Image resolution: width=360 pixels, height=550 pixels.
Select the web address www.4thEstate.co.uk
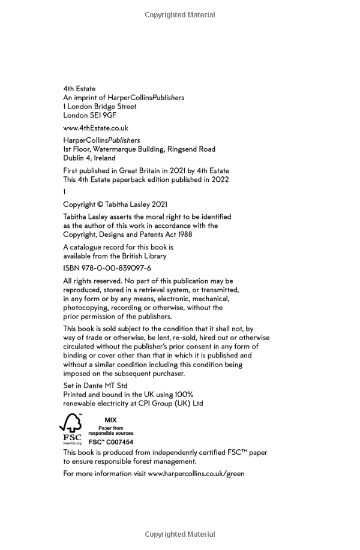(95, 128)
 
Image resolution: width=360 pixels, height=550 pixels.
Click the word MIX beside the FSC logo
(110, 420)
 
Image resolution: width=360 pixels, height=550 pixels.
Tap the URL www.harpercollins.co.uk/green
(196, 473)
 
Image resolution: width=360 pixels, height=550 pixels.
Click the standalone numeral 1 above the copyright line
(64, 192)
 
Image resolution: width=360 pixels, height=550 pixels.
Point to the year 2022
(220, 179)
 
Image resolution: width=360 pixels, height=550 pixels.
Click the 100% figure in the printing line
(184, 395)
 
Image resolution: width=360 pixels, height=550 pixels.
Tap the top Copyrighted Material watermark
(180, 15)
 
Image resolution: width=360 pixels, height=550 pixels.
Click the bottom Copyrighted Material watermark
(180, 534)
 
